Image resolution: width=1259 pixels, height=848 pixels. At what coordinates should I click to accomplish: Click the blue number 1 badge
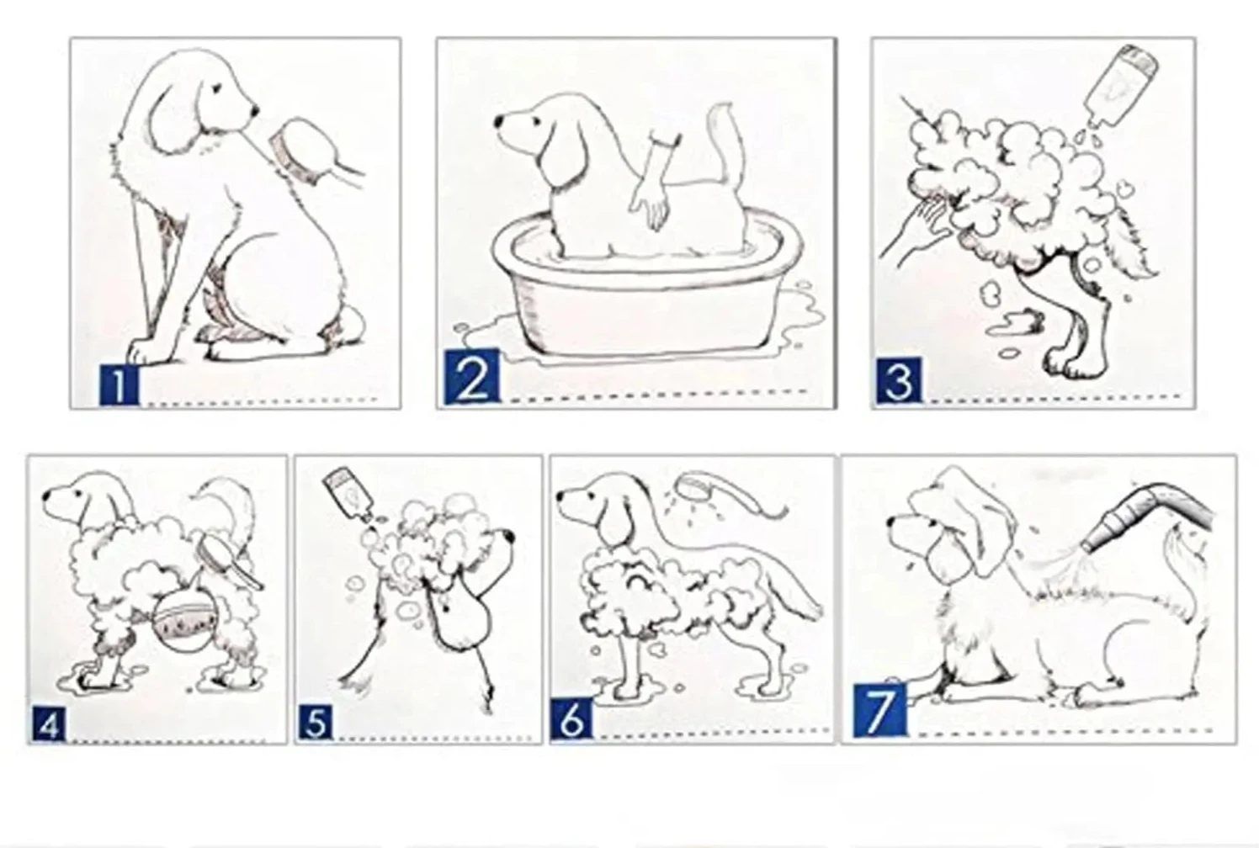[119, 384]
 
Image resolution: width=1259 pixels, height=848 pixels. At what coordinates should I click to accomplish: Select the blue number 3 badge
[898, 380]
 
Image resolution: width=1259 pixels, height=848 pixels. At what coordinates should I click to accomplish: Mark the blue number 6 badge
[571, 718]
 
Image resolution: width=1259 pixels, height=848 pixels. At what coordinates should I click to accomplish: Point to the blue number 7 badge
[879, 710]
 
